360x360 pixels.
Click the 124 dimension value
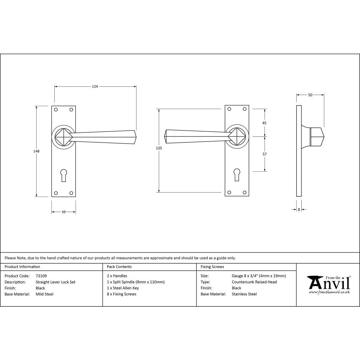(95, 86)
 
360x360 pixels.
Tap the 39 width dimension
(63, 212)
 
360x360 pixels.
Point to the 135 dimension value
(159, 148)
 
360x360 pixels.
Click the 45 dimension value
(264, 123)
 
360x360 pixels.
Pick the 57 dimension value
(264, 154)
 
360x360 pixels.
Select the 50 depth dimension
(310, 95)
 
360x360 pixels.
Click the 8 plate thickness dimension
(299, 209)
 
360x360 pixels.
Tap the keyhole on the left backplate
(64, 175)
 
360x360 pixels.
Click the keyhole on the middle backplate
(237, 174)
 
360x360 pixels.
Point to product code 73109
(41, 276)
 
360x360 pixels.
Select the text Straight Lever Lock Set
(55, 282)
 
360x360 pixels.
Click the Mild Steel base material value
(45, 294)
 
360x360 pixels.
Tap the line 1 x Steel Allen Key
(123, 288)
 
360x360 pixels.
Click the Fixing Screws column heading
(212, 267)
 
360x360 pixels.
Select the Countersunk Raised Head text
(254, 282)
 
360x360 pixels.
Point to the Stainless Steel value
(244, 294)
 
